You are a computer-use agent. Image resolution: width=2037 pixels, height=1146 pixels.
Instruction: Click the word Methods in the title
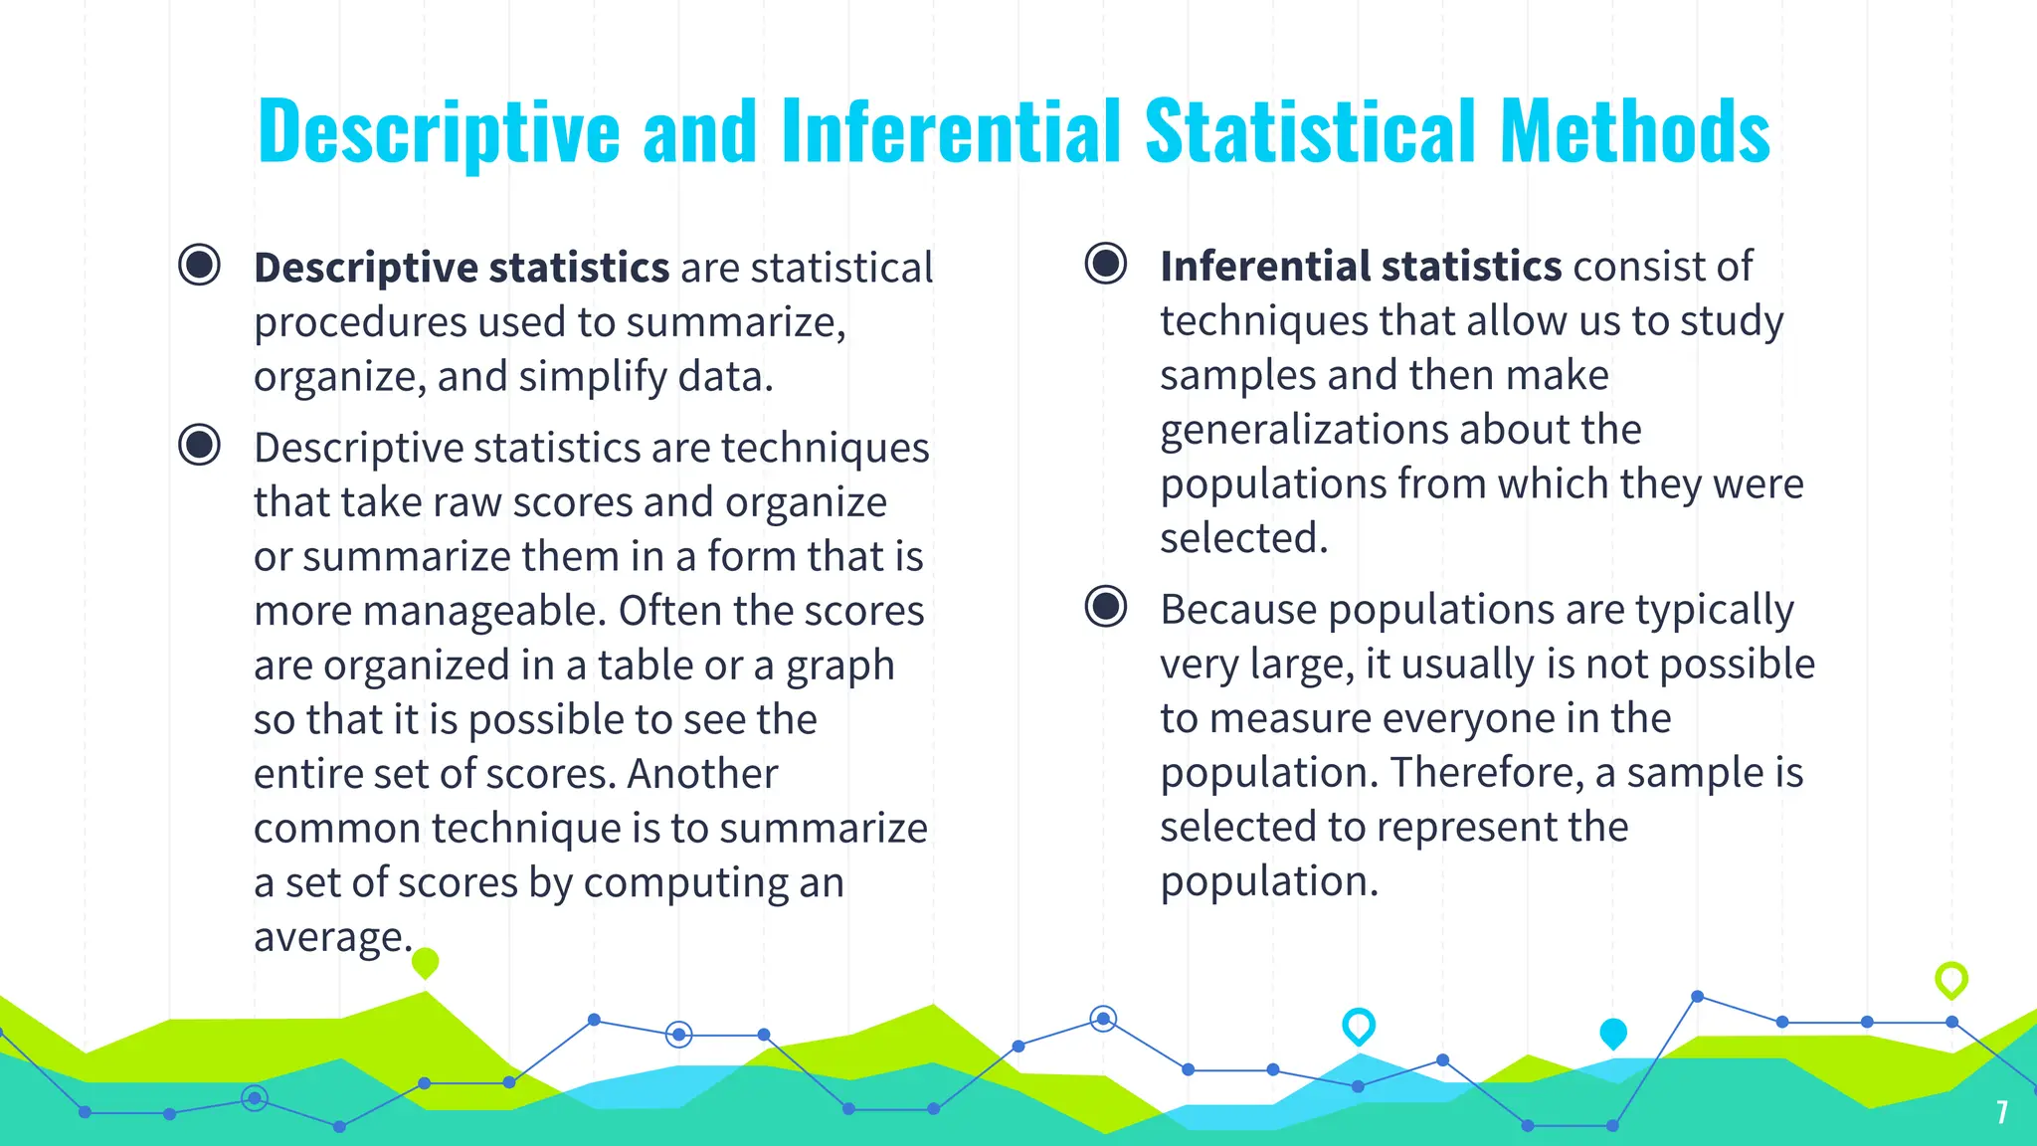[1634, 131]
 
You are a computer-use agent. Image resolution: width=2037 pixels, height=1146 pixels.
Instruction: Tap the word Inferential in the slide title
[952, 131]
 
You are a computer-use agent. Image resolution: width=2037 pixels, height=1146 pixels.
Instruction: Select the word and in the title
[699, 131]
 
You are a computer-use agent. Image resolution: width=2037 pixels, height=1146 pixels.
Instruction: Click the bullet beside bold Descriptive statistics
[199, 266]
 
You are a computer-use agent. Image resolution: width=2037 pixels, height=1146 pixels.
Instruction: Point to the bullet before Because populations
[1105, 607]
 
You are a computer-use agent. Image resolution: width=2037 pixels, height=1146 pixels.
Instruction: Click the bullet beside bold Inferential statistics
[1105, 265]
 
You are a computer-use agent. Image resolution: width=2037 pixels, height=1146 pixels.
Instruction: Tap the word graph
[840, 666]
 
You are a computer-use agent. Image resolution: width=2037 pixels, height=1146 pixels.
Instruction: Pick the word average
[330, 937]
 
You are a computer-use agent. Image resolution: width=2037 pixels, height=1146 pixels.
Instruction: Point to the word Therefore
[1486, 773]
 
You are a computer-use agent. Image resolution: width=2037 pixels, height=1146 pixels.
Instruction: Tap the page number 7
[2002, 1112]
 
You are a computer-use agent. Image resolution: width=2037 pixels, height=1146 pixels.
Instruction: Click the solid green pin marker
[425, 962]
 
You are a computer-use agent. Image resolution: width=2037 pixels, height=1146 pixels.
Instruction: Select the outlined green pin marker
[1950, 979]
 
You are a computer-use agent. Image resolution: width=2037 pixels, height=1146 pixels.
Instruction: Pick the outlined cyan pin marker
[1358, 1025]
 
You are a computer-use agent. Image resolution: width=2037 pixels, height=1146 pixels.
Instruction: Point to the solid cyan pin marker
[1612, 1033]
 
